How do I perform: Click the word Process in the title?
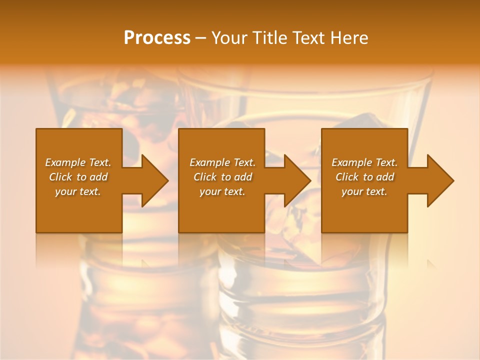[x=157, y=38]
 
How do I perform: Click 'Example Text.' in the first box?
[x=78, y=162]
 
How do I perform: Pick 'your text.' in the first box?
[x=78, y=191]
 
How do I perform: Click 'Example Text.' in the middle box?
[x=222, y=162]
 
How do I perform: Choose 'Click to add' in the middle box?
[x=222, y=177]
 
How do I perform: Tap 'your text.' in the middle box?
[x=222, y=191]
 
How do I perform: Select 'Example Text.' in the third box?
[x=364, y=162]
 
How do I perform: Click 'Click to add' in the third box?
[x=364, y=177]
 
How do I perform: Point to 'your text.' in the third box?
[x=364, y=191]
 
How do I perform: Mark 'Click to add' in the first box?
[x=78, y=177]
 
